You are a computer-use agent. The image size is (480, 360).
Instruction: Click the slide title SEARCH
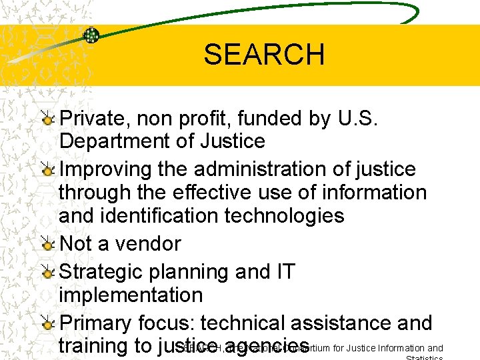click(264, 54)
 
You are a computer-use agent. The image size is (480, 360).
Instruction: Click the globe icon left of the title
click(91, 35)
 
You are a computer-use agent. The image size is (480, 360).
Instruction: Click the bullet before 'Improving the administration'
click(48, 170)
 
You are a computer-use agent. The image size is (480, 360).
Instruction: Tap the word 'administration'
click(269, 169)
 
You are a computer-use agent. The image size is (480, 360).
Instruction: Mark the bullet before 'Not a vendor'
click(48, 245)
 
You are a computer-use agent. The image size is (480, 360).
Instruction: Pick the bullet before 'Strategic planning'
click(48, 273)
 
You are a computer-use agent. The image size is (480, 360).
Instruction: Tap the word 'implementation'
click(131, 295)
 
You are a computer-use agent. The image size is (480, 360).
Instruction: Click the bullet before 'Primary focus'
click(48, 324)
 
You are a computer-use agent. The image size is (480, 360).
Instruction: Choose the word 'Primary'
click(96, 323)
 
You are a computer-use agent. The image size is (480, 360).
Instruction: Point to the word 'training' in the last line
click(96, 347)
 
